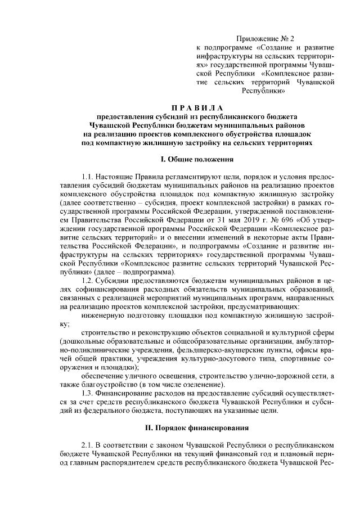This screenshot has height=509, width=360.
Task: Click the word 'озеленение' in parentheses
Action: [202, 384]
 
